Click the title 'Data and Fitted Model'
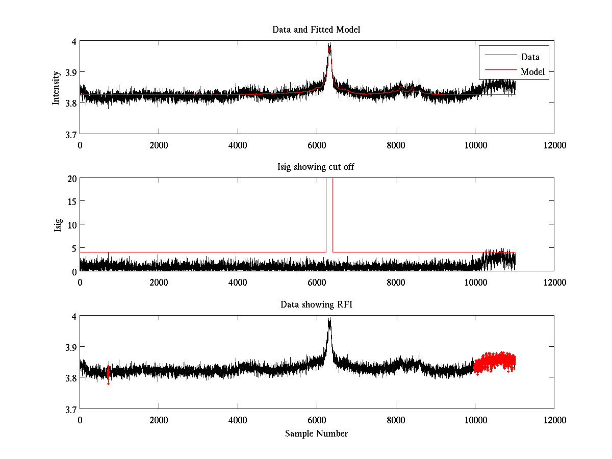(x=316, y=30)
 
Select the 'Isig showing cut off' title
(x=316, y=167)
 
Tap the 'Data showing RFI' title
(x=316, y=304)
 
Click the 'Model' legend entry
(x=532, y=72)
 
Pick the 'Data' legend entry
(x=530, y=57)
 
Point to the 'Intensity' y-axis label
(x=57, y=88)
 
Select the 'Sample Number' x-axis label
(x=316, y=433)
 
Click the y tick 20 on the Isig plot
(x=71, y=178)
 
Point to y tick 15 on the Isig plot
(x=71, y=202)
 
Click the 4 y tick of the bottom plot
(x=73, y=316)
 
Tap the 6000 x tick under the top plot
(x=317, y=145)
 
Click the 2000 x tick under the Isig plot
(x=159, y=282)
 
